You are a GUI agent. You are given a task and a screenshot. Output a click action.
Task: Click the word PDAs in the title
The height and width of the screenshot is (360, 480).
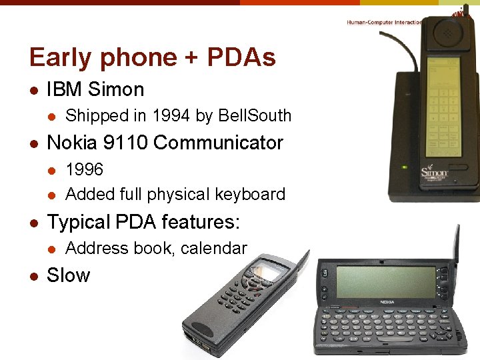[x=241, y=58]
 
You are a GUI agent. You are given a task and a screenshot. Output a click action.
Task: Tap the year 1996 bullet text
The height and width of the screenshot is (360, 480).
[x=85, y=169]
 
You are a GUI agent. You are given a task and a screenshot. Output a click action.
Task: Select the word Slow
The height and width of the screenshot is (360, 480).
[x=68, y=275]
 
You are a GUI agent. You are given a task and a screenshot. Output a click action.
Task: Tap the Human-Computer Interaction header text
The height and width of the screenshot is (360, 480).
[x=384, y=22]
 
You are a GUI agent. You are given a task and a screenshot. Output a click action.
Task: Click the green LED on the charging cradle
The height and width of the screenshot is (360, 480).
[x=403, y=166]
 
